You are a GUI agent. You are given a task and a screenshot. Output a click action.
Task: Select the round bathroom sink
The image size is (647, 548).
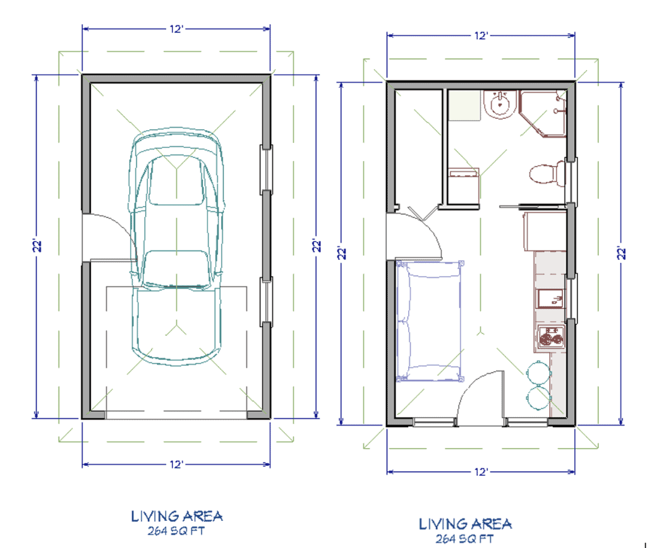tap(500, 104)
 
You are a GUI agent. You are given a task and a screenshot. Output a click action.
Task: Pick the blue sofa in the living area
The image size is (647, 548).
tap(428, 321)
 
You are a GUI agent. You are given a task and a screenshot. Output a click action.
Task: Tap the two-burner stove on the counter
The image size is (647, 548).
tap(549, 339)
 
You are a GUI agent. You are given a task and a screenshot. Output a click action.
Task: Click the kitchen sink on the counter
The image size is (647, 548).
tap(548, 298)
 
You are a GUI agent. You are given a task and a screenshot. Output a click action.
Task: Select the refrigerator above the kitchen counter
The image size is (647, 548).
tap(544, 231)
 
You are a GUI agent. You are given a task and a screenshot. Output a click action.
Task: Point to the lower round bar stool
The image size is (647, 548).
tap(537, 399)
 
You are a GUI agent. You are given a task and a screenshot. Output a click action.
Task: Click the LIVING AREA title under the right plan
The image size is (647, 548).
tap(466, 523)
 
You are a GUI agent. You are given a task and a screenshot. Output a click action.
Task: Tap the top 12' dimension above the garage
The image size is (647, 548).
tap(176, 29)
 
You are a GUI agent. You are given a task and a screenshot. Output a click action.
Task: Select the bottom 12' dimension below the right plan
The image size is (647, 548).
tap(481, 472)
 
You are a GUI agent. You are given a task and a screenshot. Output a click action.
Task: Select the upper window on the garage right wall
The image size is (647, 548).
tap(267, 168)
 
